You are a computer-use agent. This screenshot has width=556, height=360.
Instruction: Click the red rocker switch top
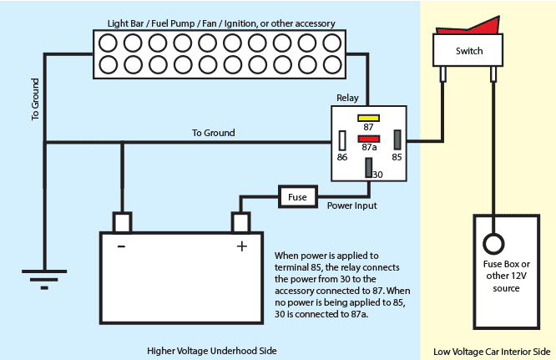pyautogui.click(x=468, y=29)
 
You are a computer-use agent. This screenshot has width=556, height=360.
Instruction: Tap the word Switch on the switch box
pyautogui.click(x=468, y=51)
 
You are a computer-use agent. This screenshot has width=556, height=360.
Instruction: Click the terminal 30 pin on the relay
pyautogui.click(x=368, y=166)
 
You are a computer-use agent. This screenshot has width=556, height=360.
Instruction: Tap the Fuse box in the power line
pyautogui.click(x=297, y=197)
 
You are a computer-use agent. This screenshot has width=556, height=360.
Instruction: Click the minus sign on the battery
pyautogui.click(x=122, y=246)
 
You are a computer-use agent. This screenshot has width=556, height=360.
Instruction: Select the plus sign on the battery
pyautogui.click(x=242, y=246)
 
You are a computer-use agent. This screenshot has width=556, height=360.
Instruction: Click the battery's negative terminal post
pyautogui.click(x=122, y=222)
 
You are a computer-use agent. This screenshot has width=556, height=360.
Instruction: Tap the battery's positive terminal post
pyautogui.click(x=241, y=222)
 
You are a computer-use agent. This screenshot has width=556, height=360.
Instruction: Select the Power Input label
pyautogui.click(x=351, y=205)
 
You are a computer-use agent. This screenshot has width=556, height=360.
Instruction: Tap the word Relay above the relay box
pyautogui.click(x=347, y=97)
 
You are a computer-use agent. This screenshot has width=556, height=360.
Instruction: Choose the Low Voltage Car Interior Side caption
pyautogui.click(x=493, y=349)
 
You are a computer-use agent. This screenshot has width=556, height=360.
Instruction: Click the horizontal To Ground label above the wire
pyautogui.click(x=213, y=133)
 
